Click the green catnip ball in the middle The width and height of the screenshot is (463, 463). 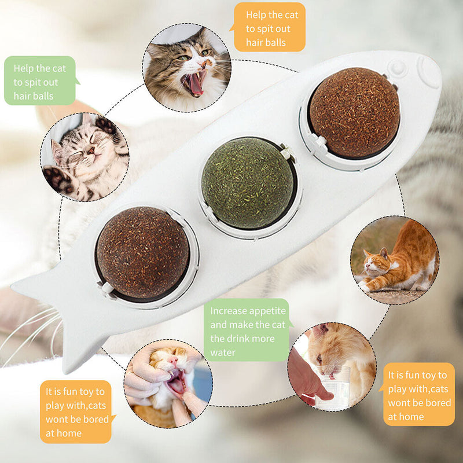click(x=248, y=182)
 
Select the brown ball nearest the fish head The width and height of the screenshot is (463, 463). click(x=354, y=112)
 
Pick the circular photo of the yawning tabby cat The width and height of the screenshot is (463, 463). click(x=186, y=68)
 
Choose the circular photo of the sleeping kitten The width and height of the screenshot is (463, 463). click(x=84, y=157)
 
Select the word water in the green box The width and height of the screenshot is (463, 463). click(x=223, y=352)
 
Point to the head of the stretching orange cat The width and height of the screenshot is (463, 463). click(x=377, y=261)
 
